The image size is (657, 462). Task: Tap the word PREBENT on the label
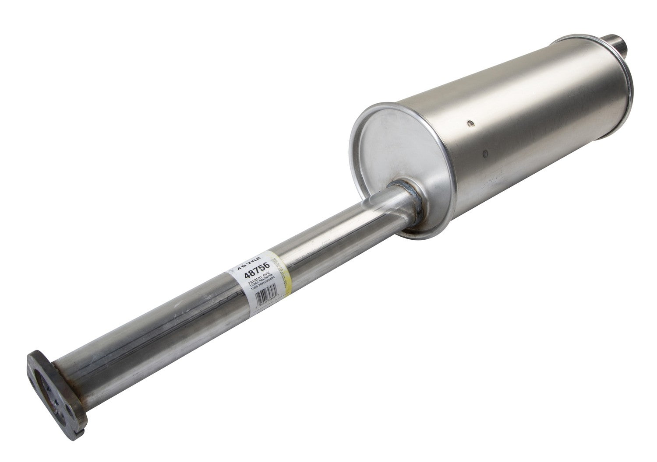[x=255, y=284]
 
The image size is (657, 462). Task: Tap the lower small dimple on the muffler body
[x=485, y=153]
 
